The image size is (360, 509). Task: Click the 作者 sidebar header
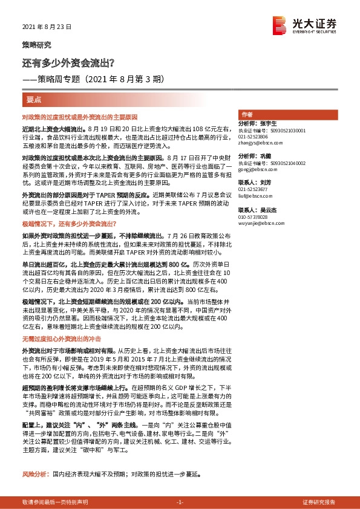247,114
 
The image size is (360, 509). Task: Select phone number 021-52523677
255,189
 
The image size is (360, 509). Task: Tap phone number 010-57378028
255,216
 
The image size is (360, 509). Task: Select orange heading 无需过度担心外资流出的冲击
61,338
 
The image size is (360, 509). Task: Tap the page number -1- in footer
180,502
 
